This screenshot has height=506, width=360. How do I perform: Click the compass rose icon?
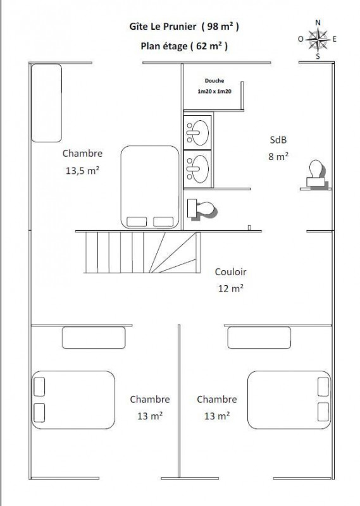(318, 39)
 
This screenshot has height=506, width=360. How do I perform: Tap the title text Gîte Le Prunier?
(163, 27)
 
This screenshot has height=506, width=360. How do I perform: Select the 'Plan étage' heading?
(164, 46)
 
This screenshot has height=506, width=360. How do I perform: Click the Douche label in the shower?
(214, 81)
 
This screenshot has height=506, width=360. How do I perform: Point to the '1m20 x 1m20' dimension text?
(214, 91)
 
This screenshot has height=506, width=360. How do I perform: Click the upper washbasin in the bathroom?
(197, 132)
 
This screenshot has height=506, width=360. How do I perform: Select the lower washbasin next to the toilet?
(197, 169)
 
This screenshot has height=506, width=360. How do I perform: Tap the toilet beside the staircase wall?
(202, 209)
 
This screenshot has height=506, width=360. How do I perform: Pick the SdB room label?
(278, 140)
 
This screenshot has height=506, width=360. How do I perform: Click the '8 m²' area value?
(278, 156)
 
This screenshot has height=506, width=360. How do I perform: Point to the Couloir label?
(230, 272)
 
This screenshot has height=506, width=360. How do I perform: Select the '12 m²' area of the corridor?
(230, 288)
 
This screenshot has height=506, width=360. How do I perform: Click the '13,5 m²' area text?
(82, 170)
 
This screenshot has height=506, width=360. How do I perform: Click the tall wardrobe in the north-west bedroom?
(46, 103)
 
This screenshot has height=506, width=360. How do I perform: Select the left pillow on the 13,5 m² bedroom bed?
(137, 222)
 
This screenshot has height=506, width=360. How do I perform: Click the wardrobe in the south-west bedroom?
(94, 338)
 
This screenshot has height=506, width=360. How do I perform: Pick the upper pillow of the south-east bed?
(323, 386)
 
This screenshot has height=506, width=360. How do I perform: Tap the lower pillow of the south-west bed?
(39, 412)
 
